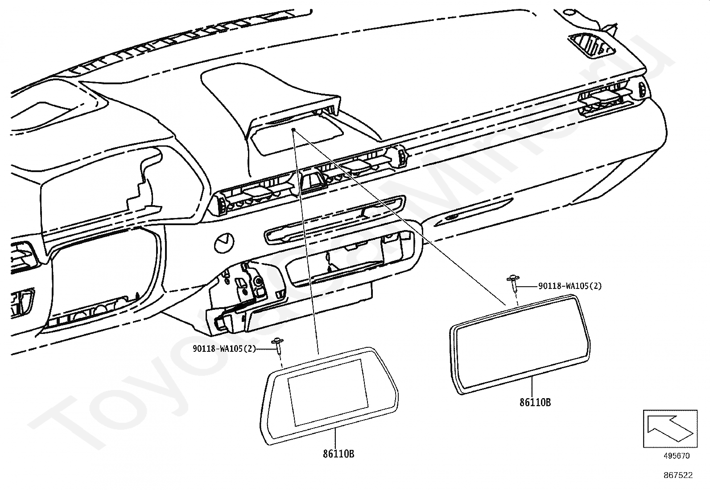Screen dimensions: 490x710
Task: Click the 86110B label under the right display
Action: [x=535, y=403]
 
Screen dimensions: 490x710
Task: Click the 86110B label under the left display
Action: [x=338, y=454]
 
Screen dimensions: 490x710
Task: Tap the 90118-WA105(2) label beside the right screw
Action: [x=570, y=286]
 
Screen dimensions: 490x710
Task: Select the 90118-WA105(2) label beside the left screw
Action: [x=224, y=349]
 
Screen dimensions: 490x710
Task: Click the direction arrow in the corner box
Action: [x=669, y=428]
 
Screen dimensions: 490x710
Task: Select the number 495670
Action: [x=676, y=456]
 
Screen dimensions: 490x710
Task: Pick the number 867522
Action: [x=678, y=475]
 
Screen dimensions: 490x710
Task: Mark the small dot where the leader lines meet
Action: [x=293, y=130]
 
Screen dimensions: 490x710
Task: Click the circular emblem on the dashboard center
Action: [x=224, y=243]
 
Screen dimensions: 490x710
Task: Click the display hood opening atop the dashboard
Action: [x=297, y=134]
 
